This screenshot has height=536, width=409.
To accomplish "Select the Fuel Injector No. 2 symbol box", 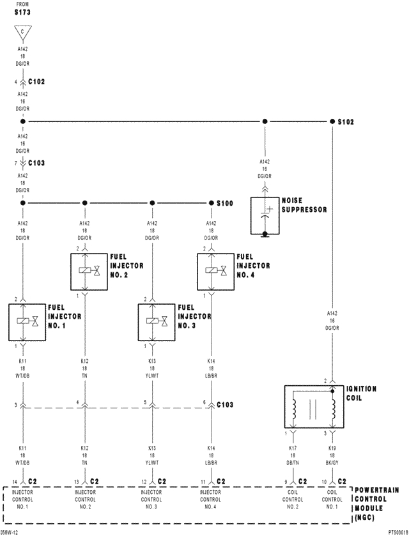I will click(88, 271).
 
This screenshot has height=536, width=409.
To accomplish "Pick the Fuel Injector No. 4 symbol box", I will click(215, 271).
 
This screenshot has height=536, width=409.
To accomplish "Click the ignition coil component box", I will click(313, 407).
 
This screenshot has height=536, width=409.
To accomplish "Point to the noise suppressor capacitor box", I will click(265, 215).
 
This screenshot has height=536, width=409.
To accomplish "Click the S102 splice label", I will click(346, 121).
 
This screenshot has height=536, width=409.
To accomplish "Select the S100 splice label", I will click(224, 203).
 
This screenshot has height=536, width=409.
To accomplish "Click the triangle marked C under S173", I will click(22, 33).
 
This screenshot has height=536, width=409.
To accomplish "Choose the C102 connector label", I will click(37, 82).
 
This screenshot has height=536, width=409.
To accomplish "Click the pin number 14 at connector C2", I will click(14, 481).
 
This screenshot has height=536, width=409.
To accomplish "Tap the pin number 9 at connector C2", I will click(286, 481).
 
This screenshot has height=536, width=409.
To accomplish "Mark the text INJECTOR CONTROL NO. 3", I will click(152, 499).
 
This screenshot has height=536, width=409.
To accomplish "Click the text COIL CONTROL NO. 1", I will click(332, 499).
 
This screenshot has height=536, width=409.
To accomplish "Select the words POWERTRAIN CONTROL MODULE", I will click(377, 496).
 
